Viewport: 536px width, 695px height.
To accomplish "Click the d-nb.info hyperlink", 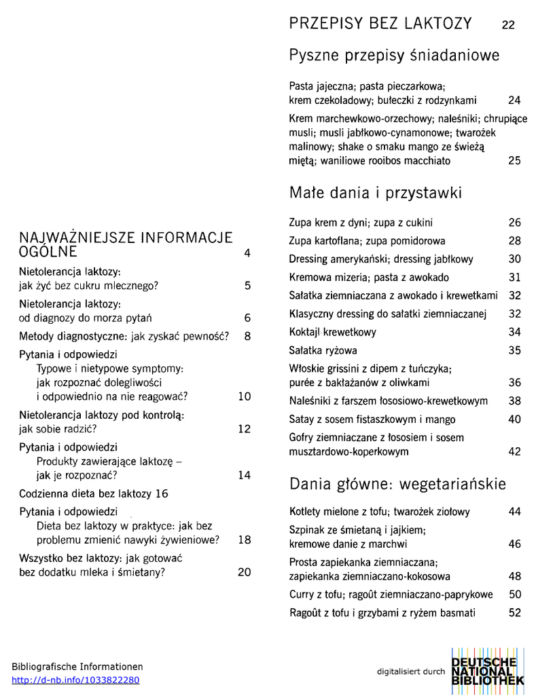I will coord(75,680).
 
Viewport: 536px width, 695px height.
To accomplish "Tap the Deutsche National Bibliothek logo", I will coord(487,671).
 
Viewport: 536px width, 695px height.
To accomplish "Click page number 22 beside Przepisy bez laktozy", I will coord(508,26).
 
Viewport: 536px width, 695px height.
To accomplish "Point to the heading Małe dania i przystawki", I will coord(376,193).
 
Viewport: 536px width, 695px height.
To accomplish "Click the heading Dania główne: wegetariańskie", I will coord(397,484).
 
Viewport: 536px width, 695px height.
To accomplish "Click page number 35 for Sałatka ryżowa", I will coord(514,351).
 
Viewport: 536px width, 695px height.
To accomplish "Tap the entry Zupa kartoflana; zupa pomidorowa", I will coord(367,241).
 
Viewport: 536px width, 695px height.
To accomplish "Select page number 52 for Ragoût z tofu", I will coord(514,613).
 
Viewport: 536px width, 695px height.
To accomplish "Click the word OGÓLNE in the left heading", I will coord(48,252).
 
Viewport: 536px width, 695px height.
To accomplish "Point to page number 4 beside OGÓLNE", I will coord(247,253).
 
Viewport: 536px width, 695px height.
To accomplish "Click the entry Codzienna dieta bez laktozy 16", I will coord(94,493).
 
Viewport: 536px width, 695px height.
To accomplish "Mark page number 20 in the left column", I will coord(245,572).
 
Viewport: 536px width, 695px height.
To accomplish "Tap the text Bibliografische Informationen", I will coord(77,666).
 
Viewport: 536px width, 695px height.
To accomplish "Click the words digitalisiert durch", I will coord(411,672).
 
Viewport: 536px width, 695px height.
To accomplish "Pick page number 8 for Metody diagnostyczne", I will coord(247,336).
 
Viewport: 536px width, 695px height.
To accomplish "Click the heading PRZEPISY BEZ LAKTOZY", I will coord(380,24).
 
